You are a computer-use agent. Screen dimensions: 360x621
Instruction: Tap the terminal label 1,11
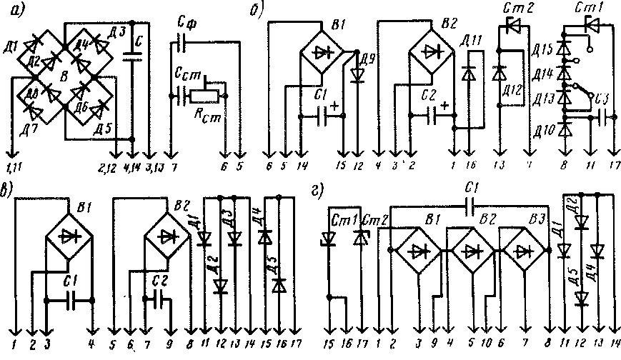point(14,169)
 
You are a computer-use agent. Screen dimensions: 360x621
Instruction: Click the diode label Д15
point(543,50)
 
